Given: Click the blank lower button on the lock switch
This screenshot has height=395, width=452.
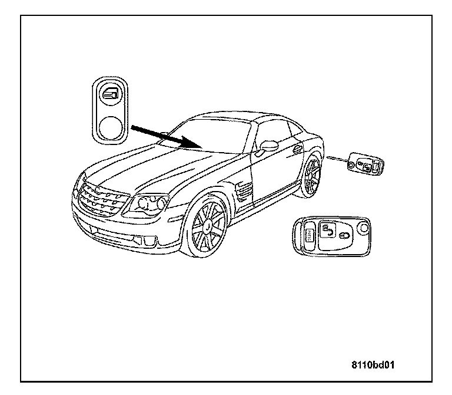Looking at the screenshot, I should click(110, 126).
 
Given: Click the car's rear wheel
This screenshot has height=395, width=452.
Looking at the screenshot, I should click(310, 175).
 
